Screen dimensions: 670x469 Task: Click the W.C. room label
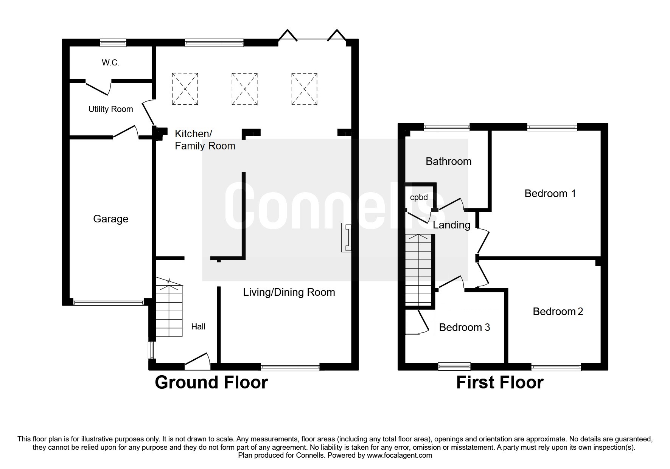click(x=110, y=63)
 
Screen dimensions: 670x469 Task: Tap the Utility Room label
click(x=110, y=109)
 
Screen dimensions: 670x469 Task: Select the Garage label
click(x=110, y=219)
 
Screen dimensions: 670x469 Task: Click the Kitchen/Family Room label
click(x=205, y=140)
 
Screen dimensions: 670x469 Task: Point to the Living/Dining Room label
click(x=289, y=292)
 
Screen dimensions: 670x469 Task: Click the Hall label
click(x=198, y=327)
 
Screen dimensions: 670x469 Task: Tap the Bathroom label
click(x=448, y=162)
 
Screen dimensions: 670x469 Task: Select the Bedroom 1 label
click(x=550, y=194)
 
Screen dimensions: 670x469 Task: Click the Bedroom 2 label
click(x=558, y=312)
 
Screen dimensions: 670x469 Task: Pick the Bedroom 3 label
click(x=464, y=328)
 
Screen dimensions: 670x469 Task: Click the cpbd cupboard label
click(x=419, y=197)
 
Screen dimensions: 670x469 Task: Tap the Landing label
click(x=451, y=225)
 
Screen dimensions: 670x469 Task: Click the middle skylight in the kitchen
click(x=244, y=89)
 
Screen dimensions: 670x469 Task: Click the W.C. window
click(x=113, y=43)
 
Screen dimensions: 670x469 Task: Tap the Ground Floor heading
click(x=211, y=382)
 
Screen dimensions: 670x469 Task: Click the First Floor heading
click(x=499, y=382)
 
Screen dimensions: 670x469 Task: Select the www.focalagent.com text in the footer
click(x=399, y=455)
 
